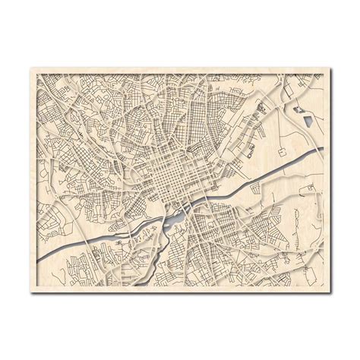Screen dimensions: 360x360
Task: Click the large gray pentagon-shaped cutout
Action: [x=310, y=118]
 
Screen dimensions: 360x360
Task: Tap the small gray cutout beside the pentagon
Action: [x=298, y=109]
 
